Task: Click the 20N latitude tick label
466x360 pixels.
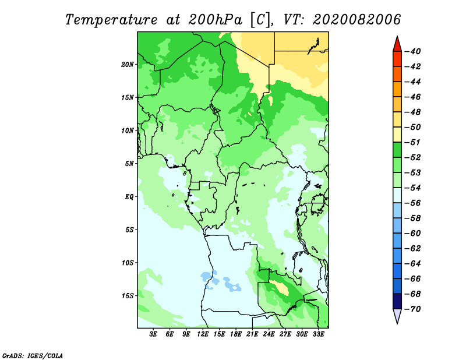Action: [x=127, y=64]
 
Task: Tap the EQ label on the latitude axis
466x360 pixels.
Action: [x=129, y=196]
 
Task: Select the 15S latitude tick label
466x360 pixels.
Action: [x=127, y=296]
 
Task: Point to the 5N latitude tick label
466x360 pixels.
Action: [x=129, y=164]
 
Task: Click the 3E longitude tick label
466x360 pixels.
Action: [x=153, y=334]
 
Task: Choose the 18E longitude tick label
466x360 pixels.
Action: [x=236, y=334]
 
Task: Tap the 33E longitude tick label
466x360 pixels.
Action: [x=318, y=334]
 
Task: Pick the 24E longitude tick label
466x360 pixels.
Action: [x=269, y=334]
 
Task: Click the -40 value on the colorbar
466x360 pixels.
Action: [x=412, y=51]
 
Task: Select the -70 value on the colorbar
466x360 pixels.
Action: [x=412, y=309]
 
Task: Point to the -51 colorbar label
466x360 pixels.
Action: [x=412, y=142]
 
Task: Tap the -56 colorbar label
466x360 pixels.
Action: [x=412, y=203]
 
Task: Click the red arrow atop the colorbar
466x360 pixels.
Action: [x=397, y=45]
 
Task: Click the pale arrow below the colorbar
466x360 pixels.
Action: [x=397, y=316]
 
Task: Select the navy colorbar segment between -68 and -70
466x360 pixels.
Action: [x=397, y=301]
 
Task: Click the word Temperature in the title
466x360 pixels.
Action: [x=111, y=20]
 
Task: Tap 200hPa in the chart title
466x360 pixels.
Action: [x=215, y=20]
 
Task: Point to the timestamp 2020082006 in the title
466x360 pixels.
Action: [x=357, y=20]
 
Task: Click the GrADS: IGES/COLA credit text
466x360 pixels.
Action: [x=33, y=356]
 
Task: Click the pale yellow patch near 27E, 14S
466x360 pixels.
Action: [x=281, y=288]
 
